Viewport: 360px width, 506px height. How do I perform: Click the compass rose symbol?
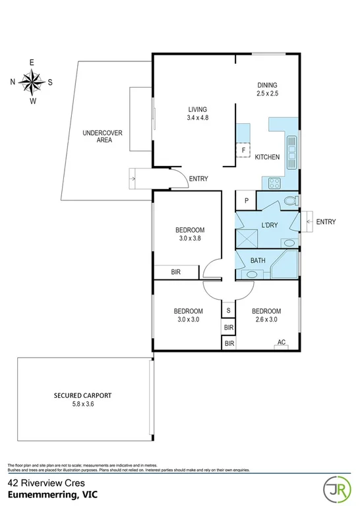coord(31,82)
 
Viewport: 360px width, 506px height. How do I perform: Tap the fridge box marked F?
coord(243,150)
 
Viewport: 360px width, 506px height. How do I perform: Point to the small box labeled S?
coord(229,310)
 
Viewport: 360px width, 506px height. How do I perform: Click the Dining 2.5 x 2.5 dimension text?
coord(267,94)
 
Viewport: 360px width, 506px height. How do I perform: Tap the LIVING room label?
coord(198,109)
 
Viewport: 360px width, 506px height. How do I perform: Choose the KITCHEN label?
coord(268,157)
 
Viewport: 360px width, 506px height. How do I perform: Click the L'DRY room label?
coord(269,225)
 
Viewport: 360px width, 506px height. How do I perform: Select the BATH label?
coord(258,260)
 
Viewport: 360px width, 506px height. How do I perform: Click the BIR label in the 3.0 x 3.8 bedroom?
coord(177,271)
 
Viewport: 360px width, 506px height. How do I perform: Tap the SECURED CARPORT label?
coord(82,396)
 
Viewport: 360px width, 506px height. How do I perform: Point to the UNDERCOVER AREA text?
coord(102,137)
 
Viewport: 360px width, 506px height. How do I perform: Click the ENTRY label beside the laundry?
coord(326,222)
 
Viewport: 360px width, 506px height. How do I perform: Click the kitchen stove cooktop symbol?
coord(273,183)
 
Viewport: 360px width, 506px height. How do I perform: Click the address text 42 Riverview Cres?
coord(39,482)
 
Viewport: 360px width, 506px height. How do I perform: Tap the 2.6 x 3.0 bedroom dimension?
coord(266,320)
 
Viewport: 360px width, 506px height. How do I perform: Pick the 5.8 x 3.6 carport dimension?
coord(82,405)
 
